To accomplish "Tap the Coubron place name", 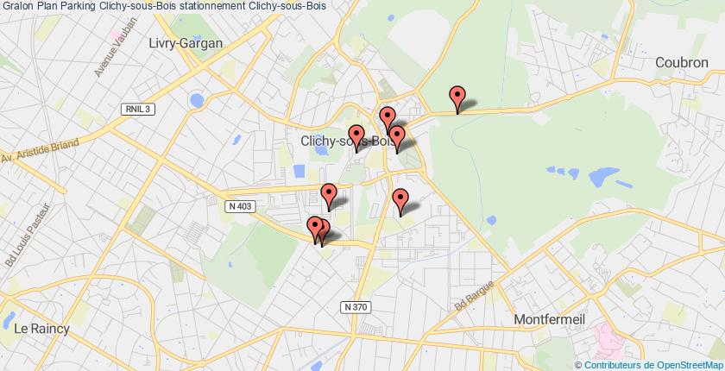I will [683, 62].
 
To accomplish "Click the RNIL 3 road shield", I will [136, 107].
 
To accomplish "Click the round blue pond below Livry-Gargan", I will [197, 101].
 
